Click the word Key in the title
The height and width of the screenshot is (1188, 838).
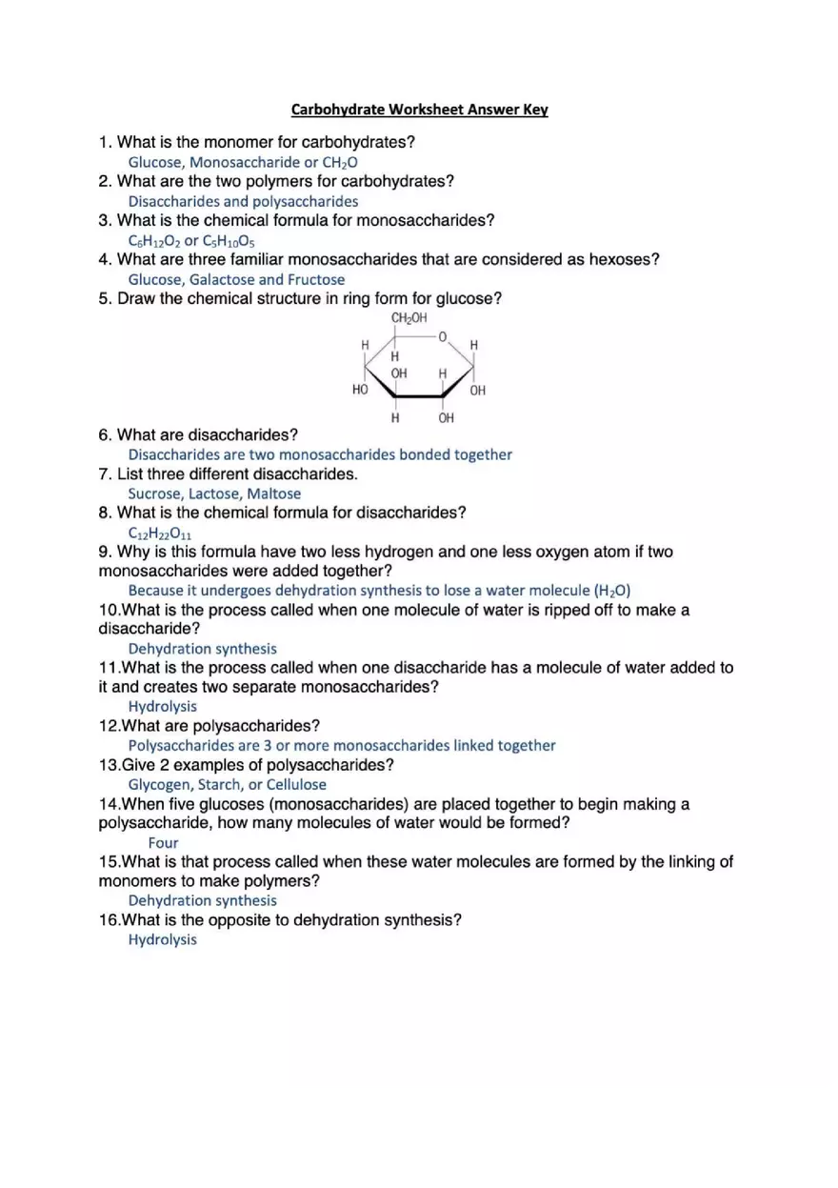(535, 110)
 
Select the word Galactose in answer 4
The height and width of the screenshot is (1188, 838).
(222, 279)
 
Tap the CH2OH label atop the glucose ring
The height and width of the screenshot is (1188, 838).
(409, 318)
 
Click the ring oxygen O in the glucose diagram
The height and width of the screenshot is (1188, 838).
(443, 337)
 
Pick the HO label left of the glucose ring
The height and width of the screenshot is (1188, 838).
(360, 391)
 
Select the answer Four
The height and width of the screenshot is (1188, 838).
(163, 843)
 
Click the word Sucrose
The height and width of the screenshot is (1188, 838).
(154, 493)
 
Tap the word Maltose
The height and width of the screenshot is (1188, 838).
(274, 493)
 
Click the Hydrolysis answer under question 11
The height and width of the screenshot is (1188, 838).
(163, 707)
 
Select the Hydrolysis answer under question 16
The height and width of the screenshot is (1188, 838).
(163, 940)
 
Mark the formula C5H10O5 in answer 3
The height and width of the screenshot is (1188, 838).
(229, 241)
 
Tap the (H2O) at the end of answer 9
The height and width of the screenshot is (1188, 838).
(612, 591)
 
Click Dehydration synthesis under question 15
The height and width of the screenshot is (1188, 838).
(203, 901)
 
